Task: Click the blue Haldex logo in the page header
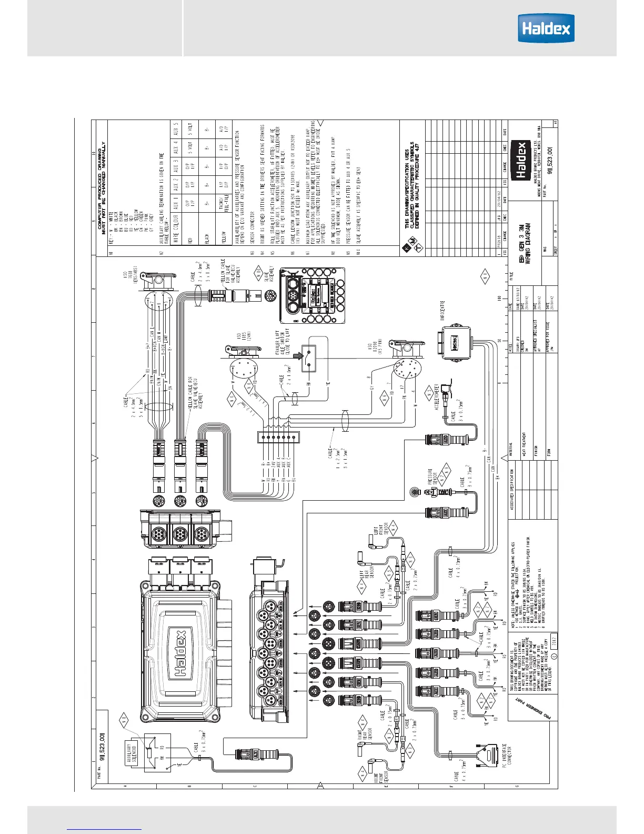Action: (x=546, y=28)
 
